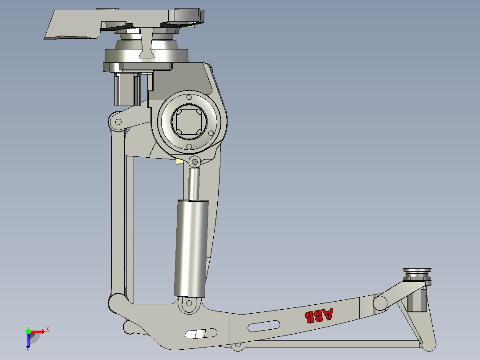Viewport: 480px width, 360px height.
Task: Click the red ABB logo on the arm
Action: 318,315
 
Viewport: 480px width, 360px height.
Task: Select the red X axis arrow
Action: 38,331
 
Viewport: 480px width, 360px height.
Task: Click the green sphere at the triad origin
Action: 28,331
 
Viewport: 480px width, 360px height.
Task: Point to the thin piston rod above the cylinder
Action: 194,184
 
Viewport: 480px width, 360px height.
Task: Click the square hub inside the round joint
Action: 189,122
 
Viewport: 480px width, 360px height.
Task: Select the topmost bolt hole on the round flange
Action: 189,98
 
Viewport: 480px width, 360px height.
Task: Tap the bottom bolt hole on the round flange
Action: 189,147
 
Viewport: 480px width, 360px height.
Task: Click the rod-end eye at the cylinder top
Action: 195,162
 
